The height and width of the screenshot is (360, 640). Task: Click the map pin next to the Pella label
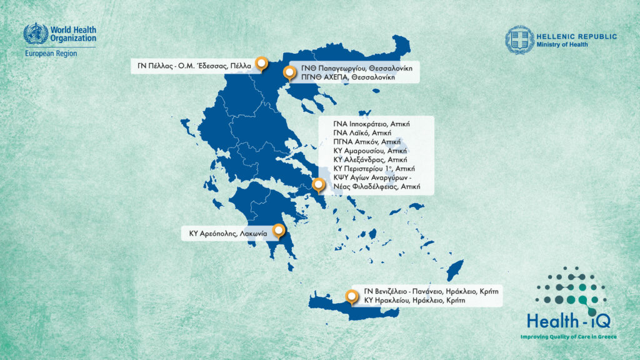coord(262,64)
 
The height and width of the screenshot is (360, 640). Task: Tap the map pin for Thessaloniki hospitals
coord(289,72)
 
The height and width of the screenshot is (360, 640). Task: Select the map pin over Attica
coord(318,184)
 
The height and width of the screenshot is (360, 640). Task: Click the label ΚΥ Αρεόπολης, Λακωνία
coord(228,234)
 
